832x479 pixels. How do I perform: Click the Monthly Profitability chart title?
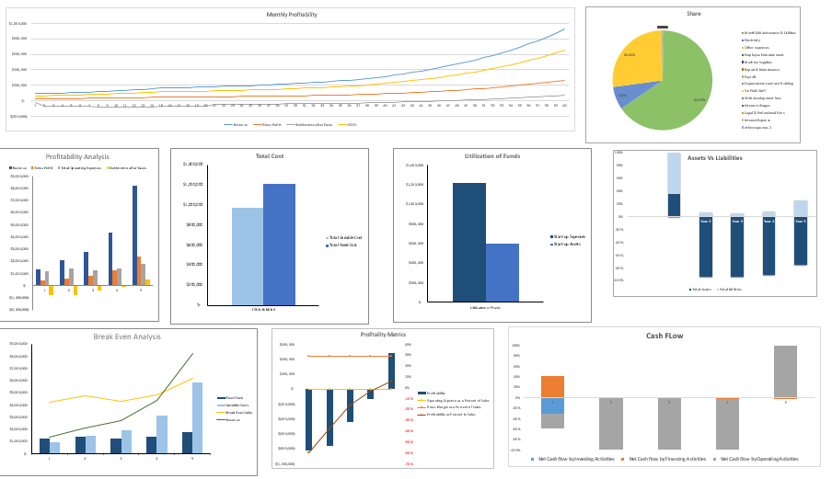tap(292, 15)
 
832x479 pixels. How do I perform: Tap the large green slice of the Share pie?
tap(676, 87)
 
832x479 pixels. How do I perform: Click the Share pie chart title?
tap(693, 14)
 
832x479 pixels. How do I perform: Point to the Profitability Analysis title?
tap(76, 156)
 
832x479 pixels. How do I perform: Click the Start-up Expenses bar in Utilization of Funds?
tap(468, 242)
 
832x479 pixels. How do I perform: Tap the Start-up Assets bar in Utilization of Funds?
tap(503, 272)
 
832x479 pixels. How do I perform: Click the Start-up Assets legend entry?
tap(571, 244)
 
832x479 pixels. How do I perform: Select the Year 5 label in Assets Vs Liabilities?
tap(800, 221)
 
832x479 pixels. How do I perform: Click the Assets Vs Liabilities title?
tap(714, 158)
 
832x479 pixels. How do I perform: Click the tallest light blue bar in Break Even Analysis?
tap(197, 417)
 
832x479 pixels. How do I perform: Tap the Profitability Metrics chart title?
tap(383, 335)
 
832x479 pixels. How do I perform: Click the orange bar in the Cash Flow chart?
tap(552, 386)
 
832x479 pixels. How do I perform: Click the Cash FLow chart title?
tap(664, 336)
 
